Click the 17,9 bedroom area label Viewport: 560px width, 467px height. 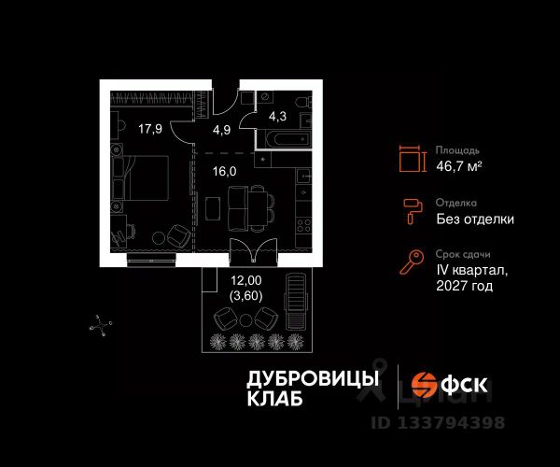click(x=151, y=130)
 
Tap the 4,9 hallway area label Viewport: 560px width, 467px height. click(x=221, y=130)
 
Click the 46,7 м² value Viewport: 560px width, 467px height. click(x=459, y=166)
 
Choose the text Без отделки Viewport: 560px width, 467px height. click(x=474, y=219)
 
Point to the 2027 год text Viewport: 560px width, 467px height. click(x=462, y=287)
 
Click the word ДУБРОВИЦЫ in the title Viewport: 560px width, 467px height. click(x=312, y=378)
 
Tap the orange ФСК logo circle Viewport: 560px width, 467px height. click(x=426, y=385)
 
